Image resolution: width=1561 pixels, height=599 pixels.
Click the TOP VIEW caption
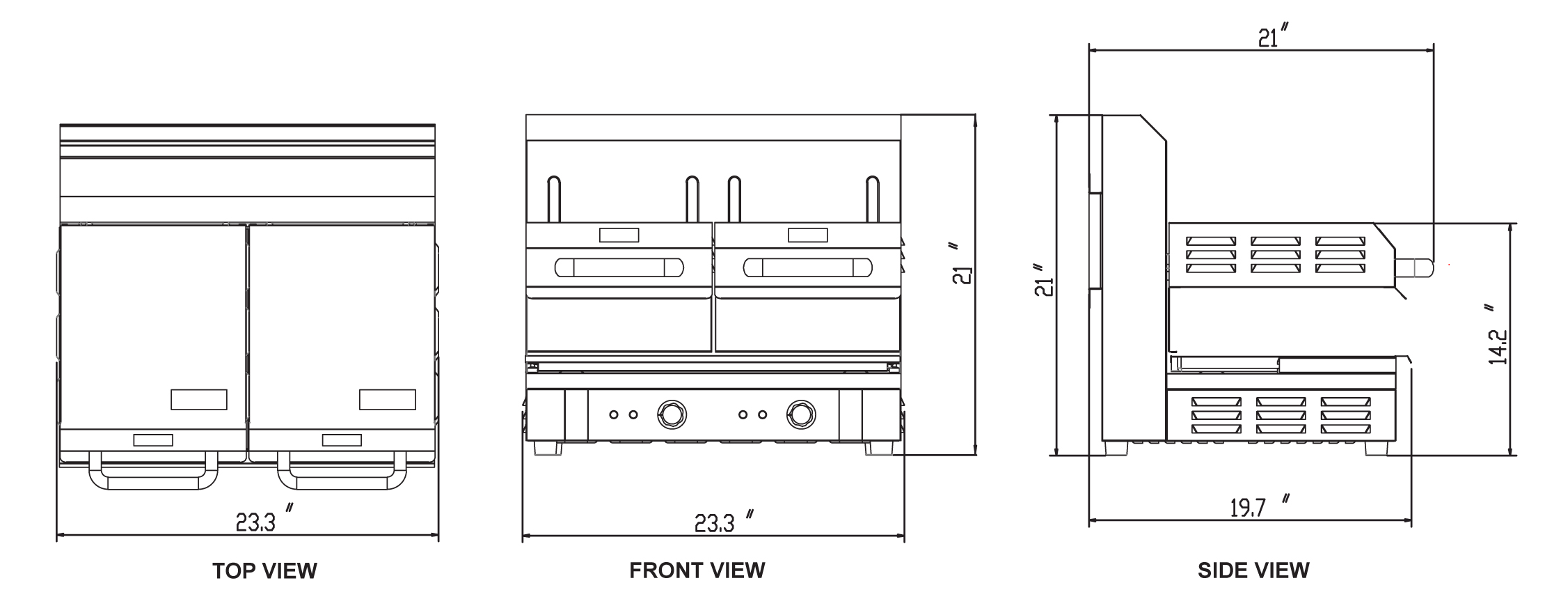pos(264,571)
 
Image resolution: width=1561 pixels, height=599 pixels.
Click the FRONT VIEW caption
pos(697,571)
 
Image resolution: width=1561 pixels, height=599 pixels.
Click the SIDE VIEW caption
pos(1253,571)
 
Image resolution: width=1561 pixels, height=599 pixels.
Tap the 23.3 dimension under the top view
pos(255,522)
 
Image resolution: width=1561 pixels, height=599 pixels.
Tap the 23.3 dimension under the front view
pos(715,522)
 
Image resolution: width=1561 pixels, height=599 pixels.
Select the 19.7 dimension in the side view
pos(1247,508)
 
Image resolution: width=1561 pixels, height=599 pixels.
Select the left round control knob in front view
pos(671,414)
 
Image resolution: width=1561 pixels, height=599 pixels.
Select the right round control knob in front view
pos(801,414)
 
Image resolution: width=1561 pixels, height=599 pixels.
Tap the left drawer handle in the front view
pos(619,267)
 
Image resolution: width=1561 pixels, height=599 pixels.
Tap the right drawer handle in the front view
pos(807,267)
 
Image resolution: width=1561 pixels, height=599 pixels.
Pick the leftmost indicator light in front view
pos(614,415)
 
